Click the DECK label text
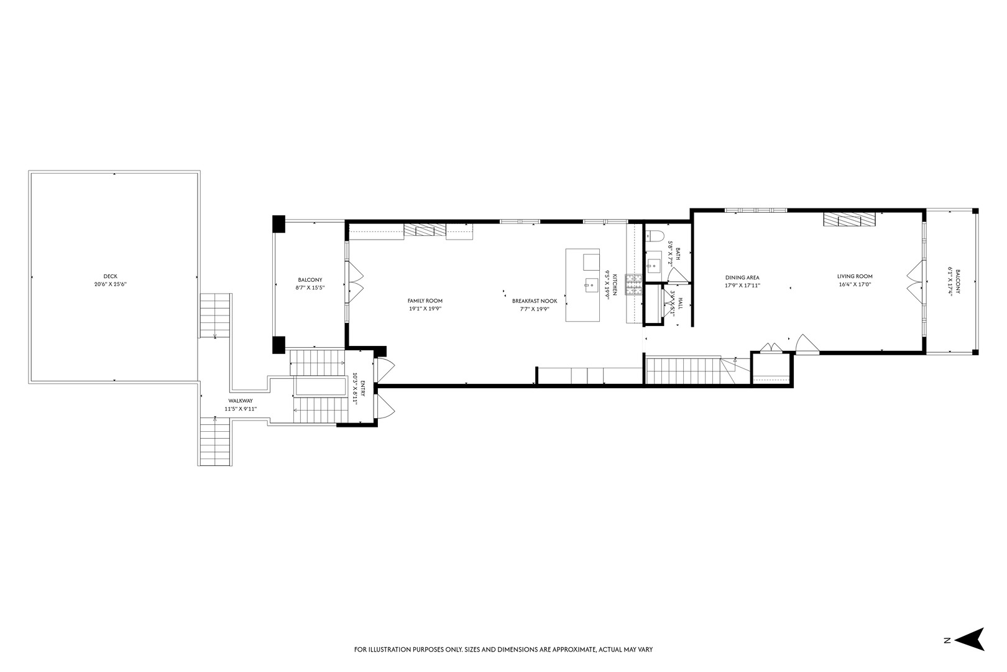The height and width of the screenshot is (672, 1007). (x=110, y=276)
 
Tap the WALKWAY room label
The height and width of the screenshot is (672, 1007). (x=241, y=401)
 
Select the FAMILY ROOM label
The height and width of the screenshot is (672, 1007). (x=425, y=301)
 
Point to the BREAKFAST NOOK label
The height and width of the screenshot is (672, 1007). (x=535, y=301)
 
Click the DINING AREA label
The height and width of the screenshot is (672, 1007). (x=742, y=278)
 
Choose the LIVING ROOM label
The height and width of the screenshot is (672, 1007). (x=855, y=276)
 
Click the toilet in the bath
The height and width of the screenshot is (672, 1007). (x=651, y=235)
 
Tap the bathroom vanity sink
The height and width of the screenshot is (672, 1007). (x=653, y=266)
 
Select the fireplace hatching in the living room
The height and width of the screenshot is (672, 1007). (x=848, y=219)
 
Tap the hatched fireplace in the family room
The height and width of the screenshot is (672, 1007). (x=425, y=230)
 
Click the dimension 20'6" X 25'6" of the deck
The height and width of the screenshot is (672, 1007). (x=110, y=284)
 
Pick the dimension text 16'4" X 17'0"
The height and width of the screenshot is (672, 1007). (x=855, y=285)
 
